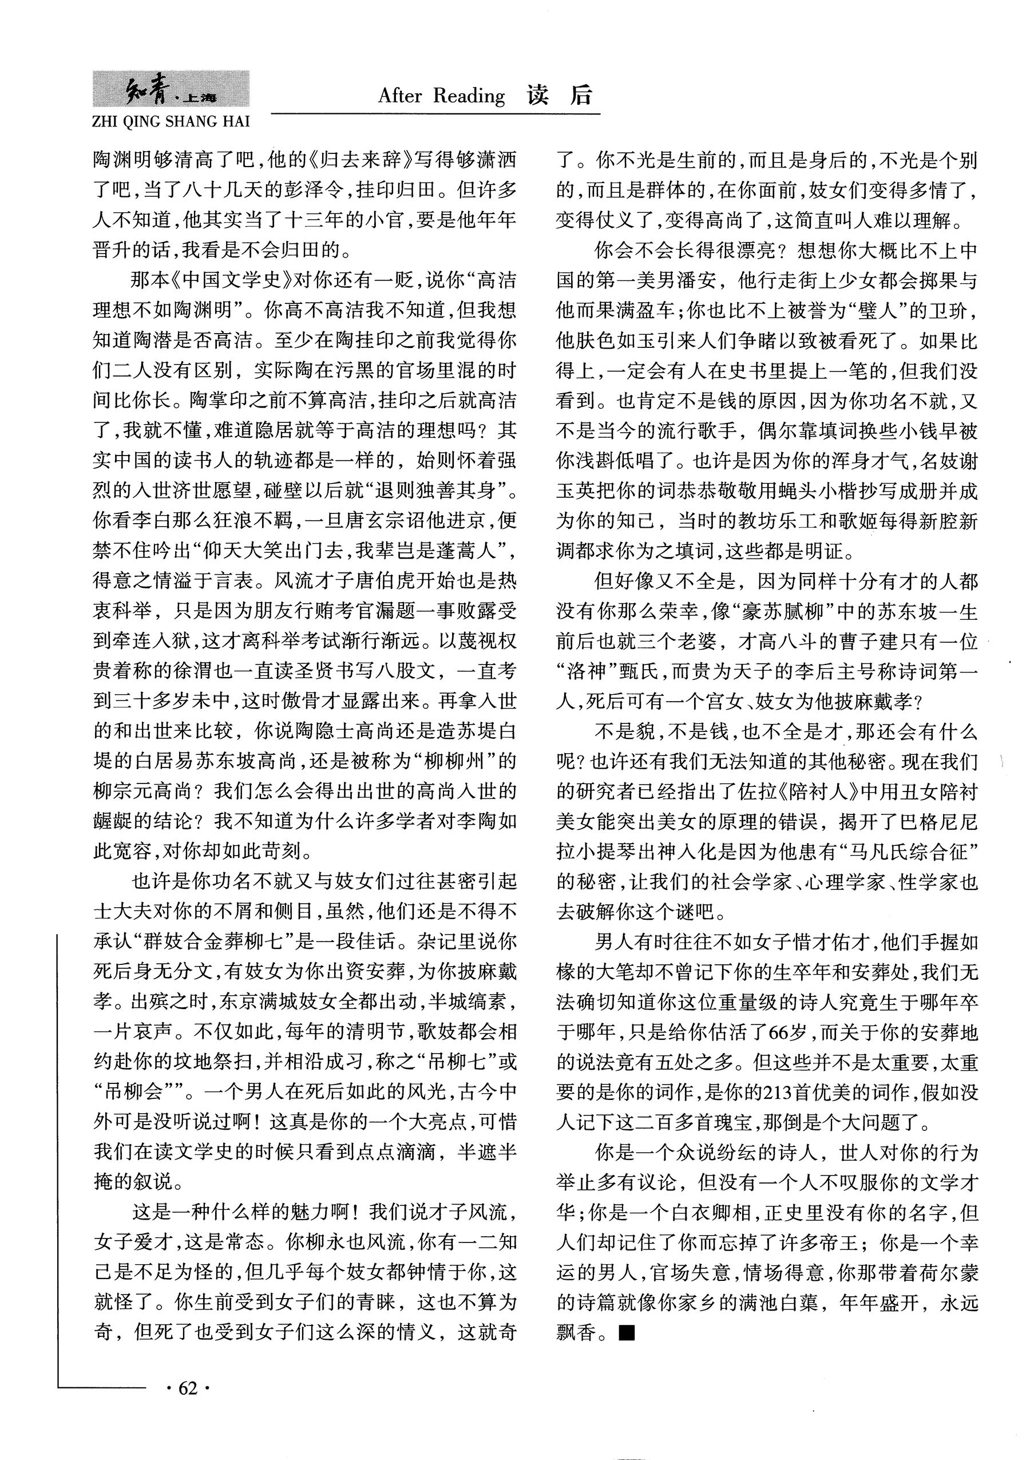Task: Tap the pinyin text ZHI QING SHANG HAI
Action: click(x=171, y=121)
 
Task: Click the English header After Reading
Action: click(x=441, y=96)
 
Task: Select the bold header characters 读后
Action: click(x=560, y=96)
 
